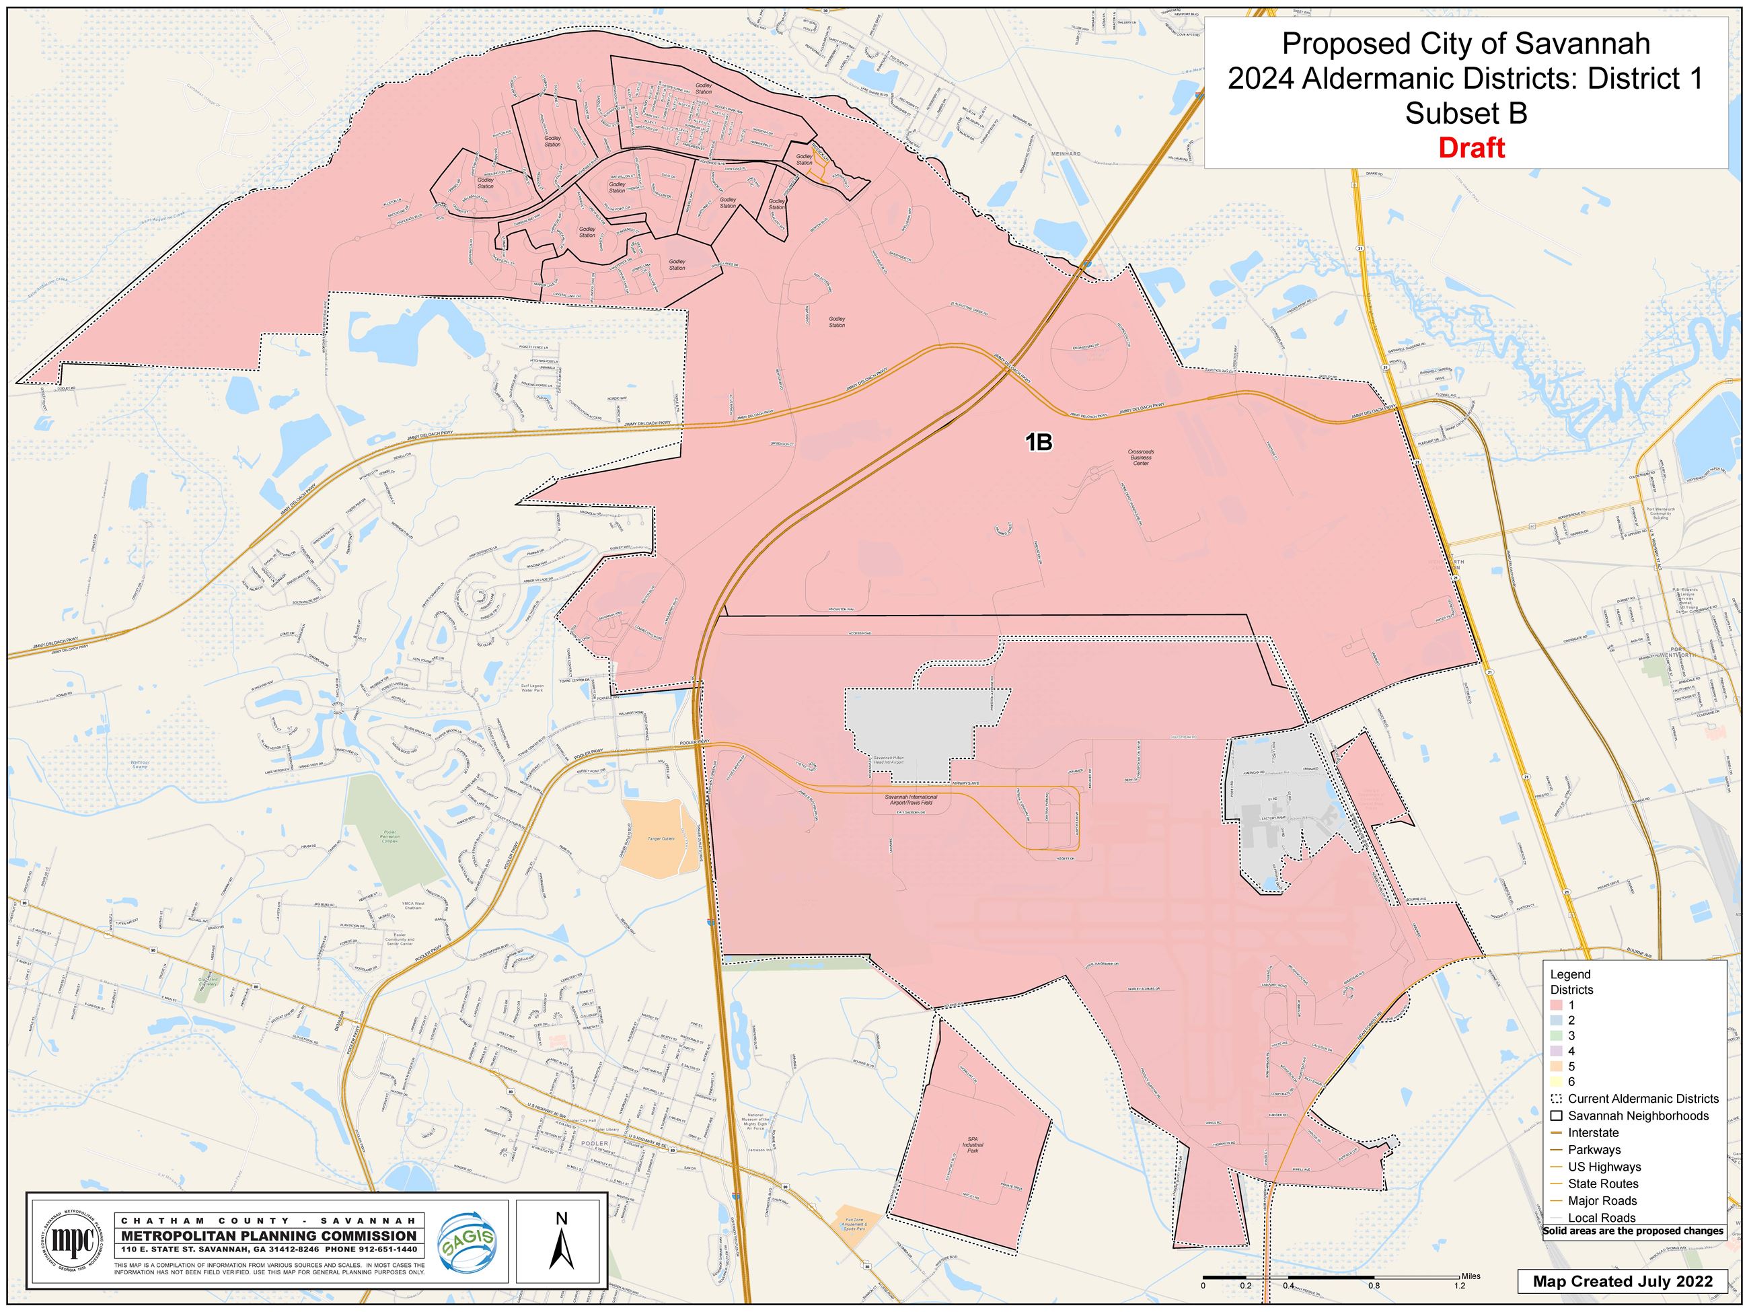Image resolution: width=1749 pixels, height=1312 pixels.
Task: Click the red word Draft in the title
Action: coord(1471,148)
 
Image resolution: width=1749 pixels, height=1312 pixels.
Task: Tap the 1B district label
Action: coord(1039,443)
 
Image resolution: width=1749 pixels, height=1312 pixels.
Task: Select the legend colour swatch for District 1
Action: coord(1556,1005)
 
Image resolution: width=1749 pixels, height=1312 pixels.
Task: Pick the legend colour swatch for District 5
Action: coord(1556,1066)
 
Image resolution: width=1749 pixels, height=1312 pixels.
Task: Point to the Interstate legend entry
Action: coord(1593,1132)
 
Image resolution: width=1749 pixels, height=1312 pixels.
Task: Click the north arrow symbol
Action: coord(562,1250)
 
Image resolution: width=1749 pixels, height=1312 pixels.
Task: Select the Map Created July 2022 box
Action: coord(1623,1282)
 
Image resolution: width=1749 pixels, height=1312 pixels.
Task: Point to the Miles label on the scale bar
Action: coord(1471,1276)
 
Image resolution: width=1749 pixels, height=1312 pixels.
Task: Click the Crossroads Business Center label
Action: coord(1141,457)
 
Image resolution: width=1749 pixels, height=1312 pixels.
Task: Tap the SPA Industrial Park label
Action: coord(973,1145)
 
